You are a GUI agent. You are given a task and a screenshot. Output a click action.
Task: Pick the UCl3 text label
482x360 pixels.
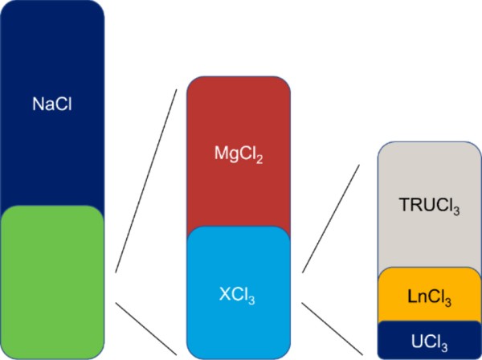tap(429, 340)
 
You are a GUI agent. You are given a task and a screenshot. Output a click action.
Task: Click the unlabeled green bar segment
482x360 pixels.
tap(52, 281)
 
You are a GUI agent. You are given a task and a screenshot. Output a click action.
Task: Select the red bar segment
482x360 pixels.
tap(238, 121)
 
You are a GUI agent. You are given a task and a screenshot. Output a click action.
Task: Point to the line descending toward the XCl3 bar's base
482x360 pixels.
tap(147, 328)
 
